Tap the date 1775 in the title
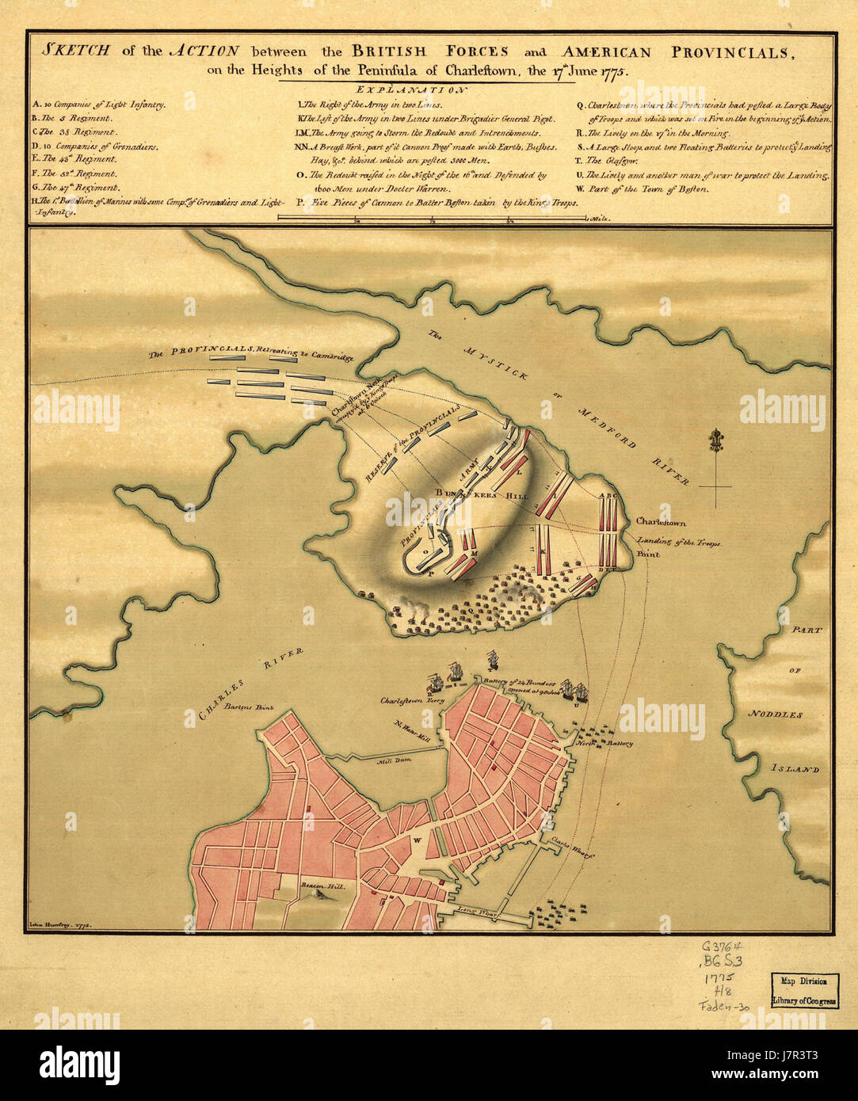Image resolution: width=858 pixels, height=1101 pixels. (612, 70)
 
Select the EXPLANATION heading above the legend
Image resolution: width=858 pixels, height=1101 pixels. (412, 90)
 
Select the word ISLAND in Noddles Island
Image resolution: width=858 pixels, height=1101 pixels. (795, 769)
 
